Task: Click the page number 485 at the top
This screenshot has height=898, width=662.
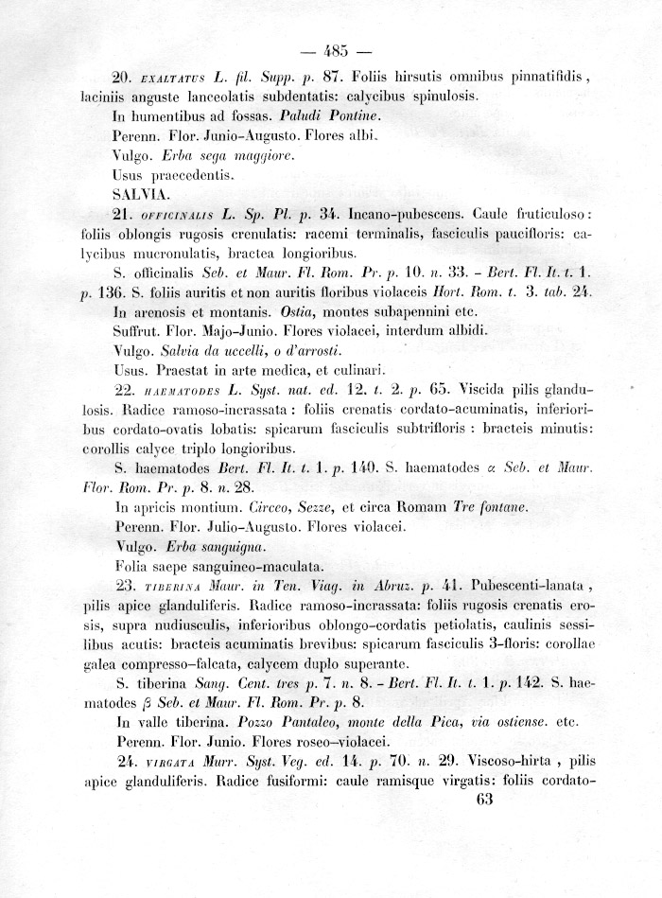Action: point(336,51)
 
